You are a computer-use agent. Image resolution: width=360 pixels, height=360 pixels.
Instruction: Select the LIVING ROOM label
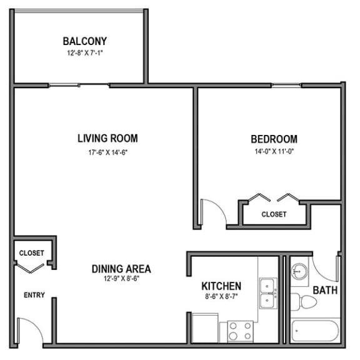coord(107,138)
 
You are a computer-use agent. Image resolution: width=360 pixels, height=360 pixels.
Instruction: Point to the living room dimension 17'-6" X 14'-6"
coord(107,151)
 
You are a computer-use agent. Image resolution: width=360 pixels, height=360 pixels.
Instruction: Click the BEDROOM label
coord(274,139)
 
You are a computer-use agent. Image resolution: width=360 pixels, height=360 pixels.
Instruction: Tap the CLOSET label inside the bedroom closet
coord(274,214)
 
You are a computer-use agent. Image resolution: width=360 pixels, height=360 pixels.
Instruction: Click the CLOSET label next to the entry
coord(31,253)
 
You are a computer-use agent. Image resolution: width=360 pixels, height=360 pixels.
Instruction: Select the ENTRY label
coord(34,295)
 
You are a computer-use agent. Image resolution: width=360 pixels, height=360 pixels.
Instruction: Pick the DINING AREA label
coord(121,269)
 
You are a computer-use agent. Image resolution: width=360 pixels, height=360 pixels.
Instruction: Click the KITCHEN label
coord(221,286)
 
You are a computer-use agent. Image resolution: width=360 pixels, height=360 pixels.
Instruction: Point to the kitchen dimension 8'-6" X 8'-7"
coord(221,297)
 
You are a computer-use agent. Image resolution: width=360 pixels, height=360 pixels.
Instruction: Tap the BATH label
coord(325,291)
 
